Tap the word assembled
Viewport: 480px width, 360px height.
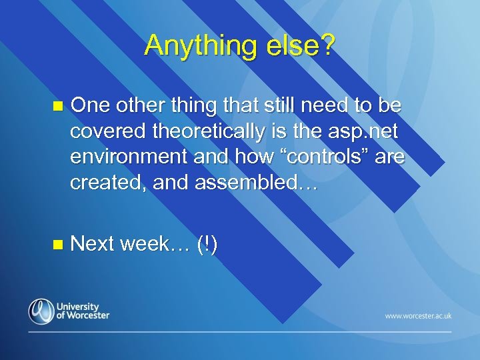coord(254,183)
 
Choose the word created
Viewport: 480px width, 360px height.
coord(108,183)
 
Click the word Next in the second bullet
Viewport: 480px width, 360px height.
coord(93,244)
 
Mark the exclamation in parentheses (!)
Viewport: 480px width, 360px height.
coord(207,244)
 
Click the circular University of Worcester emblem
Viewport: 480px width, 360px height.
coord(41,311)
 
